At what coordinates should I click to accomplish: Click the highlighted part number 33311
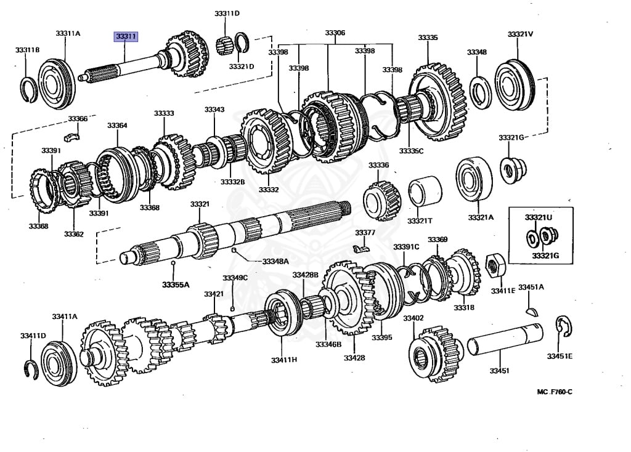point(125,37)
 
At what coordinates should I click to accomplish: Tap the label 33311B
point(27,49)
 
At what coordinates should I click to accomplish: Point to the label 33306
point(335,33)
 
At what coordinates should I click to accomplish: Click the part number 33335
point(428,38)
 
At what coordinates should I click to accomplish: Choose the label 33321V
point(520,33)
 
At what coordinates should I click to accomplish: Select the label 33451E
point(560,356)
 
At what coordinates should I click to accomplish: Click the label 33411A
point(65,316)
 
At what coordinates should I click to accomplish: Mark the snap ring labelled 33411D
point(31,367)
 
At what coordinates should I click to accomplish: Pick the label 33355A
point(176,285)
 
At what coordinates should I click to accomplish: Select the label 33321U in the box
point(539,217)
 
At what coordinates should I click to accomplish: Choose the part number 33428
point(354,358)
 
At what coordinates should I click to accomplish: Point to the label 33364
point(117,125)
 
